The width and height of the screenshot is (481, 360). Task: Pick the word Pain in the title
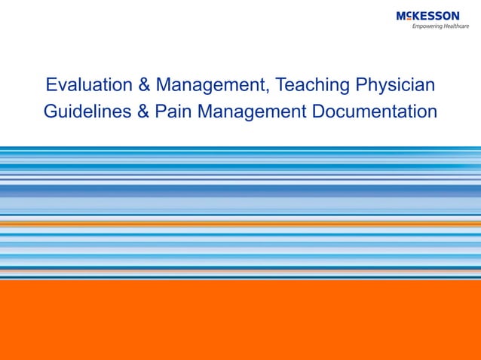(x=171, y=112)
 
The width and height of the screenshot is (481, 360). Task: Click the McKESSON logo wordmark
(x=427, y=16)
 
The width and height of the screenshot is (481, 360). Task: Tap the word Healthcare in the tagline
(x=455, y=26)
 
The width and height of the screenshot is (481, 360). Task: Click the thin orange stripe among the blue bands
(x=240, y=223)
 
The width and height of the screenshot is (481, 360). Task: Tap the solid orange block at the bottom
(x=240, y=320)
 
